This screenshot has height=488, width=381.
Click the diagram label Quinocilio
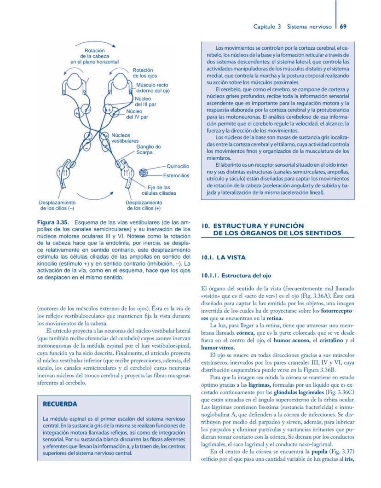pos(178,166)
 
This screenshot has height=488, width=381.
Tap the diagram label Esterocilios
pos(176,175)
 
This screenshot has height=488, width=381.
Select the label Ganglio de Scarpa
pos(148,149)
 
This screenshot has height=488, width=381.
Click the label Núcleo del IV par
pos(137,114)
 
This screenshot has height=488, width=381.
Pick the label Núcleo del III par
pos(145,102)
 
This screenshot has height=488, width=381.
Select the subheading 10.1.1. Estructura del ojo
pos(233,276)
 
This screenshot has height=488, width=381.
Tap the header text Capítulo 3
pos(267,26)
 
